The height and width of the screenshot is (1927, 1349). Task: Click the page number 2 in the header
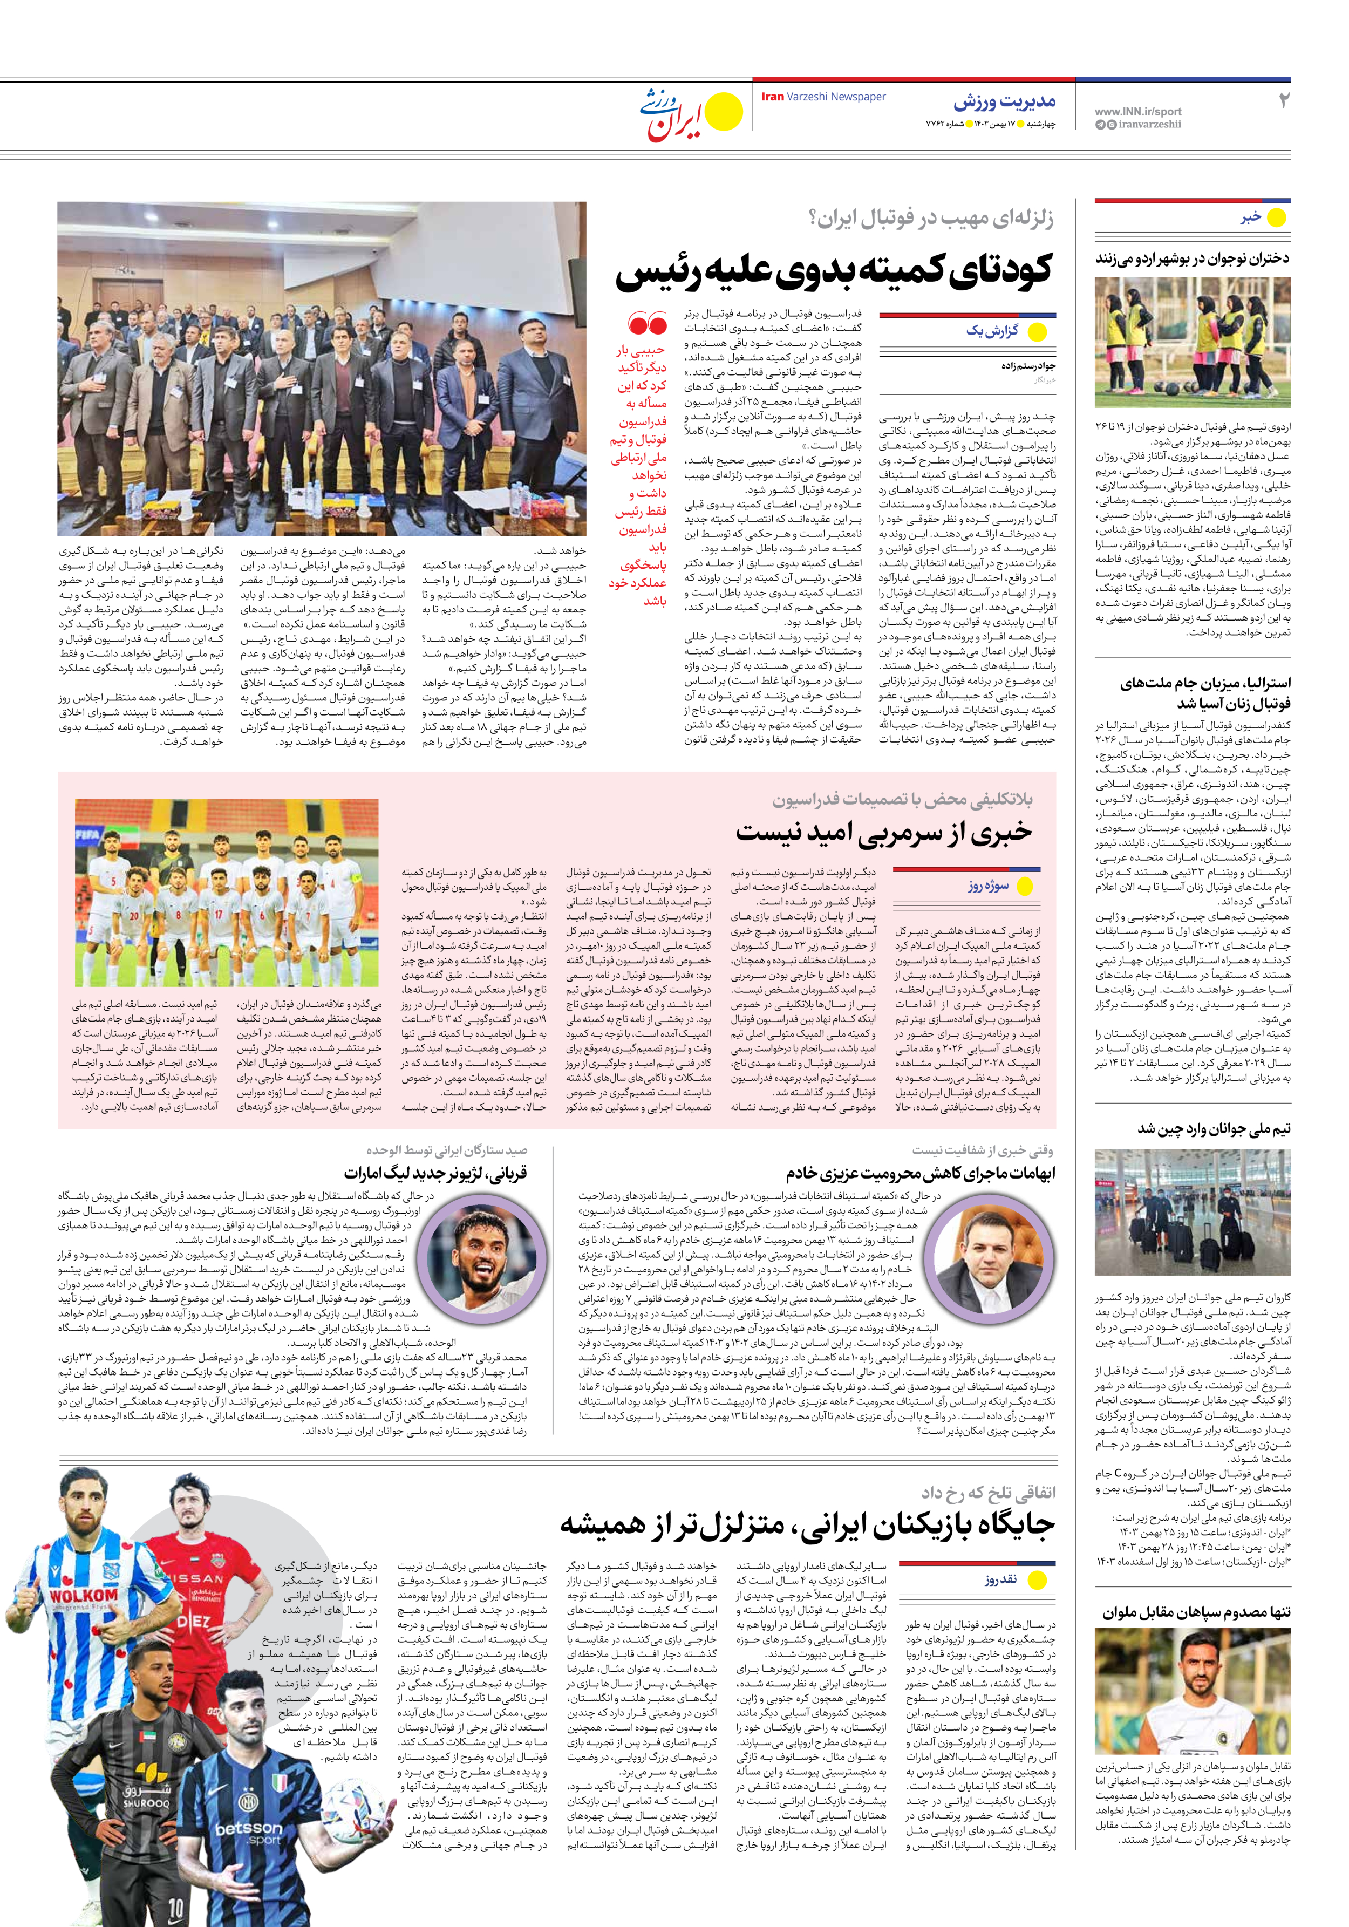pyautogui.click(x=1283, y=101)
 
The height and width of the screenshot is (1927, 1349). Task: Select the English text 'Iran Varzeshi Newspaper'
pyautogui.click(x=823, y=97)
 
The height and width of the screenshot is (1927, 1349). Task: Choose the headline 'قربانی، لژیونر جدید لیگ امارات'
pyautogui.click(x=435, y=1173)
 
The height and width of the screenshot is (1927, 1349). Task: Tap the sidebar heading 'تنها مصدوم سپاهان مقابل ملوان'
pyautogui.click(x=1196, y=1612)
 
